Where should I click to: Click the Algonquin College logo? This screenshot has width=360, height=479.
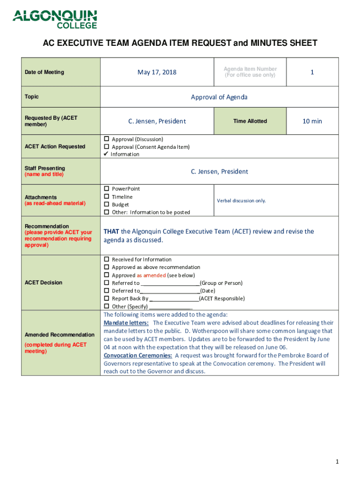tap(55, 19)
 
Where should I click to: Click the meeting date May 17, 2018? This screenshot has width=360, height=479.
tap(157, 72)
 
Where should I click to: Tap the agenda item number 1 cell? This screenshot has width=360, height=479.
tap(312, 72)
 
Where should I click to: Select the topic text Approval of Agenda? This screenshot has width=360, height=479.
tap(219, 97)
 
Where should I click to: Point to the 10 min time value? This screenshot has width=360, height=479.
tap(312, 121)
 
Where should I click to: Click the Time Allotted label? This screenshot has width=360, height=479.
tap(250, 121)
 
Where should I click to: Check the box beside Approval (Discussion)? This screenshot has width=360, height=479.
tap(107, 139)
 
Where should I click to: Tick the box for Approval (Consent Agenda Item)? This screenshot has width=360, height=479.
tap(107, 146)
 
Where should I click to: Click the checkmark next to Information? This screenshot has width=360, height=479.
tap(107, 154)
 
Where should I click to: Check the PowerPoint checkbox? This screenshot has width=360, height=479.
tap(107, 189)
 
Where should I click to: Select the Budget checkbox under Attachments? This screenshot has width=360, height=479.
tap(107, 204)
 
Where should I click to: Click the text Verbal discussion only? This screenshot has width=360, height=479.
tap(241, 201)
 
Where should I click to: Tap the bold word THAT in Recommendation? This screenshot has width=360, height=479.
tap(111, 232)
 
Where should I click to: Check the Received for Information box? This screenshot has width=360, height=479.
tap(107, 259)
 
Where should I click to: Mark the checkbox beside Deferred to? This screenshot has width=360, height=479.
tap(107, 290)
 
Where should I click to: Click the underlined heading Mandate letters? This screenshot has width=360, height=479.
tap(126, 323)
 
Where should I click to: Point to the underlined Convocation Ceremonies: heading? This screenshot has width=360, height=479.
tap(138, 356)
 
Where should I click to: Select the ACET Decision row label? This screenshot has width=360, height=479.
tap(43, 283)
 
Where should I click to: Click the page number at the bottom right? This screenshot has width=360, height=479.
tap(337, 462)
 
